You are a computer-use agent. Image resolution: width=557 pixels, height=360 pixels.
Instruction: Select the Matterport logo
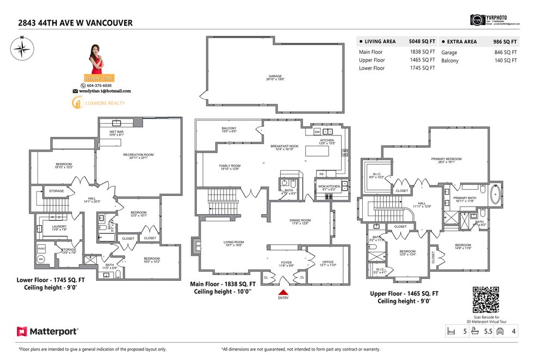coord(47,331)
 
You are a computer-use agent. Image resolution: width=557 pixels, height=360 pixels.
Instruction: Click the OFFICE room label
coord(327,263)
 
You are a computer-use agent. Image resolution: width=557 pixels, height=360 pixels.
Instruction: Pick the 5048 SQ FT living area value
coord(422,41)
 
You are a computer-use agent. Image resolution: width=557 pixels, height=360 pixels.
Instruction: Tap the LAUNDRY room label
coord(59,228)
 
